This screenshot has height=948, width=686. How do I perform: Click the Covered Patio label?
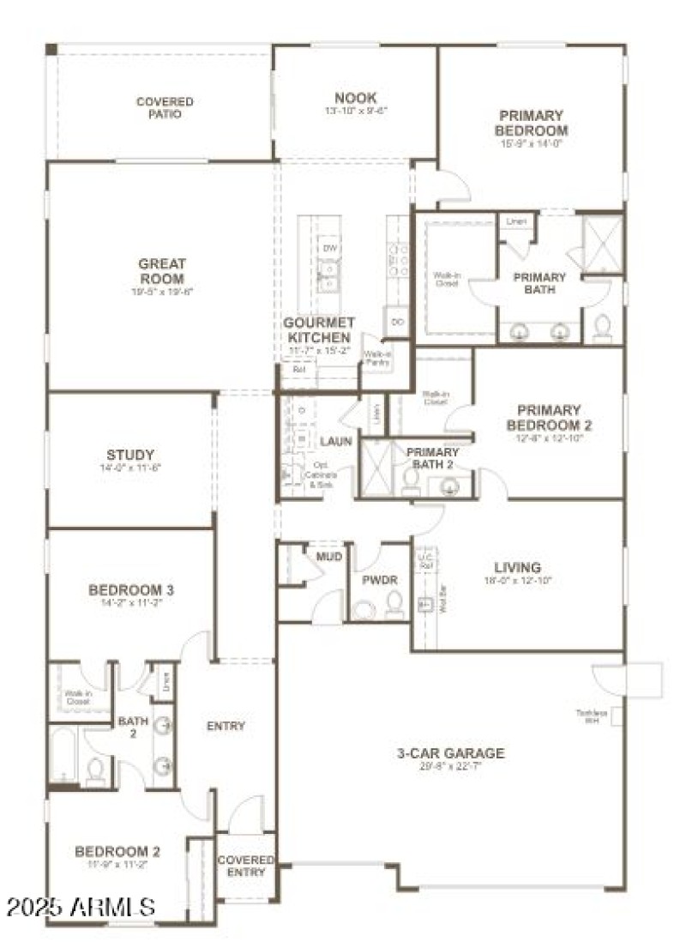pyautogui.click(x=165, y=107)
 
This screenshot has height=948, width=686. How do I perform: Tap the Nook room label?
pyautogui.click(x=356, y=99)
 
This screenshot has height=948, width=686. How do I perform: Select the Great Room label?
pyautogui.click(x=162, y=272)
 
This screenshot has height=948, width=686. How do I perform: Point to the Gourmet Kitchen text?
pyautogui.click(x=317, y=330)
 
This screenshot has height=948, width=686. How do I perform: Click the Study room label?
pyautogui.click(x=130, y=455)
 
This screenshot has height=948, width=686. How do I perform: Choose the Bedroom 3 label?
pyautogui.click(x=131, y=590)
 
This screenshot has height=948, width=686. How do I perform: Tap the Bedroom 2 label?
pyautogui.click(x=117, y=852)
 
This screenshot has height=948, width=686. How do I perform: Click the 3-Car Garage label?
pyautogui.click(x=450, y=753)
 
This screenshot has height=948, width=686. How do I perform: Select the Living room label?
pyautogui.click(x=517, y=568)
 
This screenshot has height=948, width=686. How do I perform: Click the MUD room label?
pyautogui.click(x=330, y=557)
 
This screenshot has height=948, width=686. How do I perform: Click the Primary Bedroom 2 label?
pyautogui.click(x=549, y=418)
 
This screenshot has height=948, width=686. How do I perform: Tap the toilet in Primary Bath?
pyautogui.click(x=603, y=326)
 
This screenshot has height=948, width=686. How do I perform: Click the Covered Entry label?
pyautogui.click(x=245, y=866)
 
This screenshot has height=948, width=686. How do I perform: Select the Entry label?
pyautogui.click(x=226, y=726)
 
